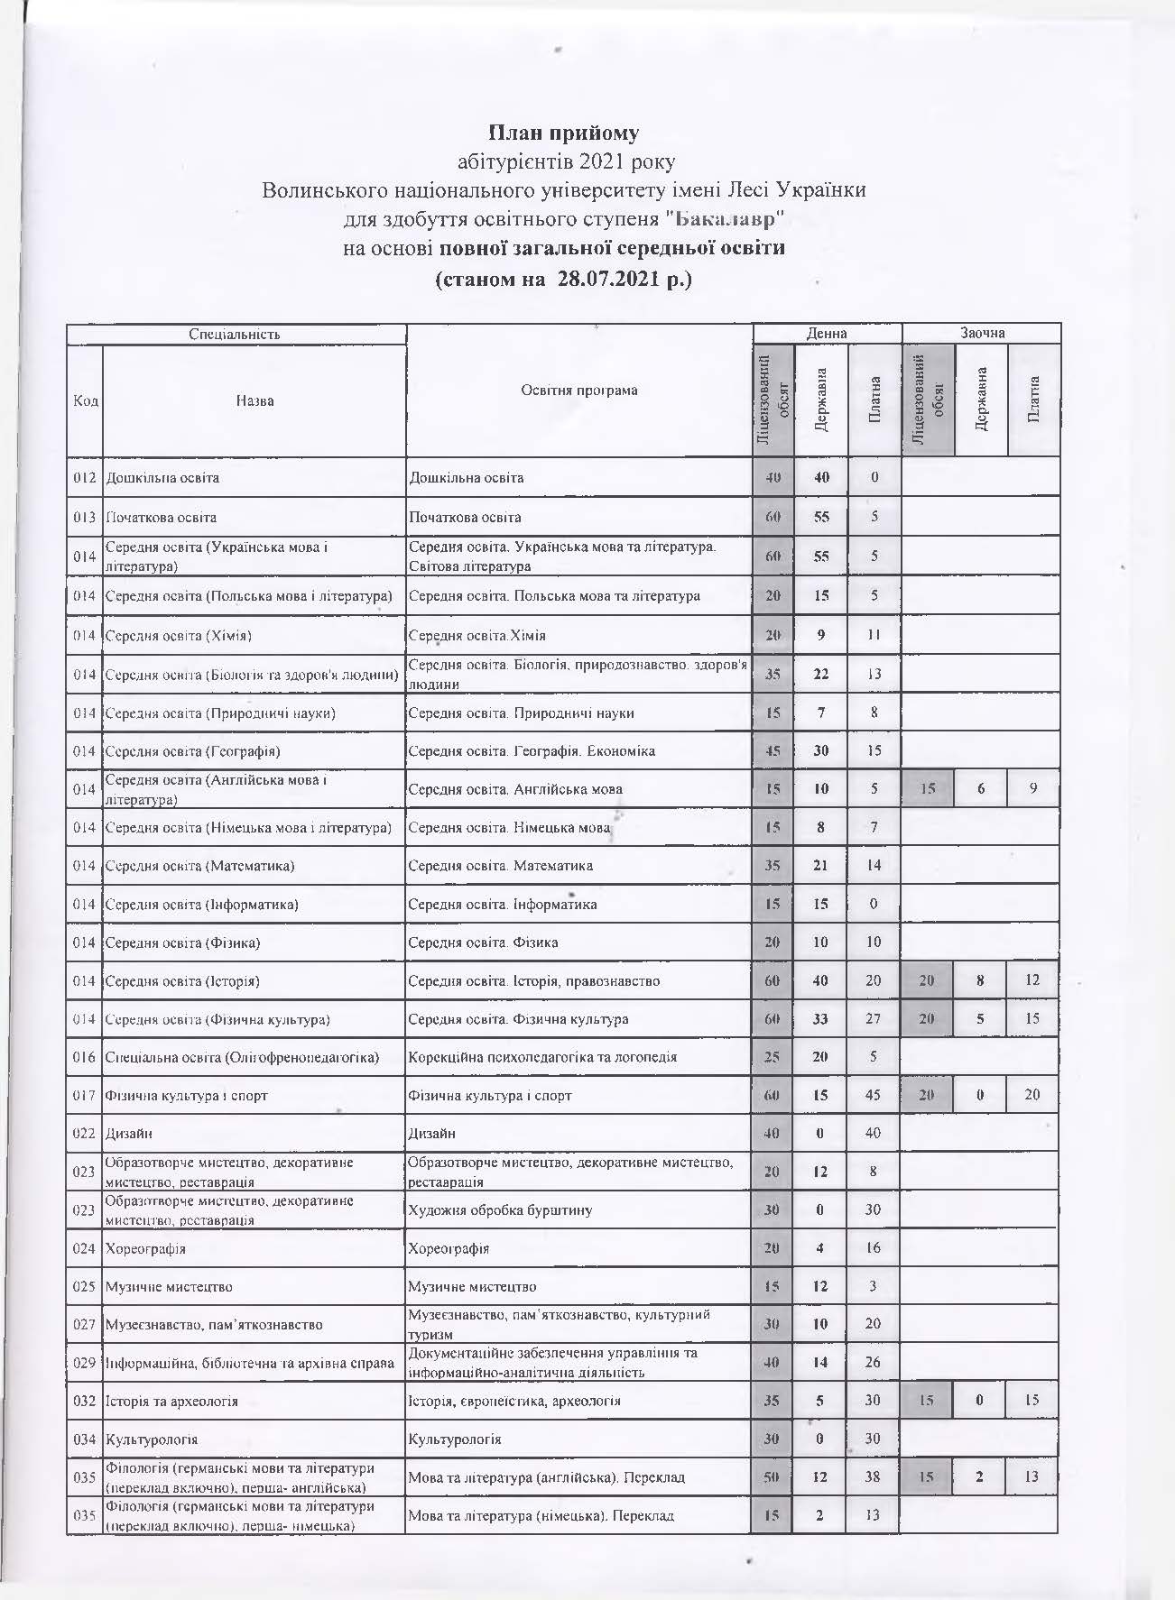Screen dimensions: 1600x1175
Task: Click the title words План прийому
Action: tap(563, 133)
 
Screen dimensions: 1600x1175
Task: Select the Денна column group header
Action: tap(827, 334)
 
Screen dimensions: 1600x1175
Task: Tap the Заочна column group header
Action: tap(982, 334)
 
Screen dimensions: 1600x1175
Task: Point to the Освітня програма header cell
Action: tap(578, 391)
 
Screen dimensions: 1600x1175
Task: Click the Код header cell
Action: tap(85, 401)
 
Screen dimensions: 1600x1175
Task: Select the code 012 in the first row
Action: tap(84, 478)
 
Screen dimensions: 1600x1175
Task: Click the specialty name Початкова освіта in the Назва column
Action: tap(162, 518)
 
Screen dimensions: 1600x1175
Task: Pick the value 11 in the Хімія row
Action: tap(874, 635)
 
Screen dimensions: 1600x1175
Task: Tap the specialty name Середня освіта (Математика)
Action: tap(200, 866)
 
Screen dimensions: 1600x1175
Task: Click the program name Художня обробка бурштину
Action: tap(501, 1209)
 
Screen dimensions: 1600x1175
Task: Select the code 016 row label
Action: tap(84, 1057)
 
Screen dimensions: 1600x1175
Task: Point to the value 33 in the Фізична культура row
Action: tap(820, 1019)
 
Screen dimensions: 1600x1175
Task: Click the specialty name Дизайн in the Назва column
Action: tap(127, 1134)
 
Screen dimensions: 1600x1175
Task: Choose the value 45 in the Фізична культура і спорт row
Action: tap(873, 1095)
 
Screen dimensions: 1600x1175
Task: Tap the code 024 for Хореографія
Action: tap(84, 1249)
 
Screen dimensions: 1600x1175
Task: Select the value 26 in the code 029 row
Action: tap(873, 1363)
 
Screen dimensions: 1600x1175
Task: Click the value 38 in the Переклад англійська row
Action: tap(873, 1477)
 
